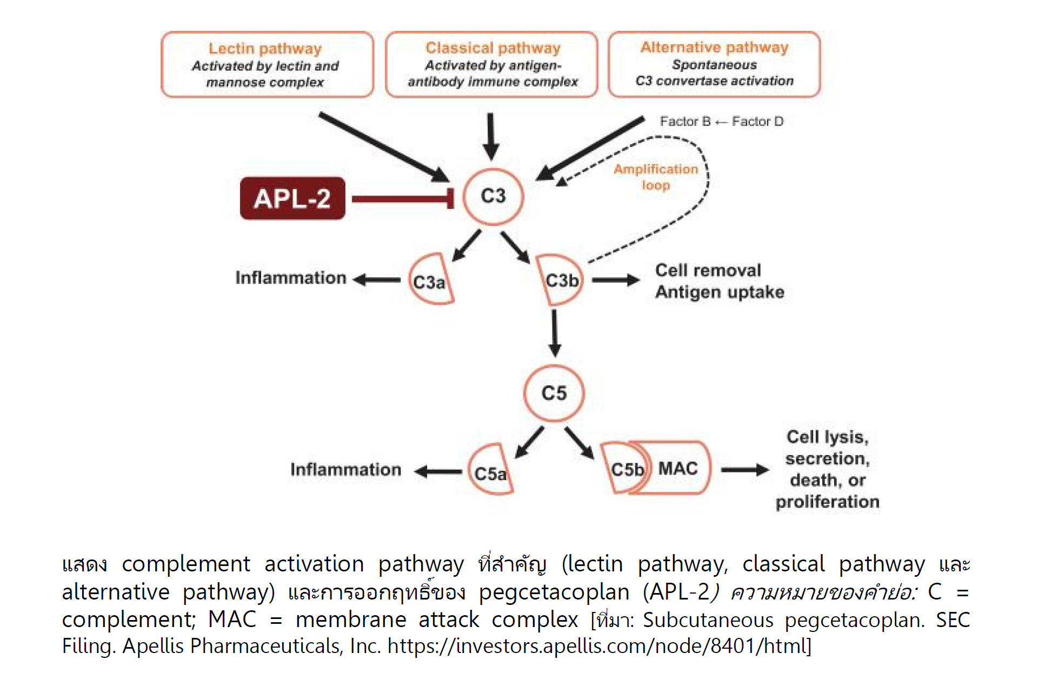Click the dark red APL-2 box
(x=292, y=198)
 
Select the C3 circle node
(x=493, y=196)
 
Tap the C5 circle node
(x=554, y=393)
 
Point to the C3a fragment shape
(x=430, y=281)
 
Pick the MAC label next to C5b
(x=678, y=468)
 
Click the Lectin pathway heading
(x=265, y=49)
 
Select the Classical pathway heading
(x=493, y=48)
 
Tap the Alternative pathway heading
(x=714, y=48)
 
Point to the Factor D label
(x=757, y=122)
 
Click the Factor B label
(x=685, y=122)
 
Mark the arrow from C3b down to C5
(x=554, y=332)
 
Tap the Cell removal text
(x=708, y=270)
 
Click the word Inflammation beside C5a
(x=345, y=469)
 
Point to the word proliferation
(x=827, y=502)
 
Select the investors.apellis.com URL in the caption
(x=599, y=646)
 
